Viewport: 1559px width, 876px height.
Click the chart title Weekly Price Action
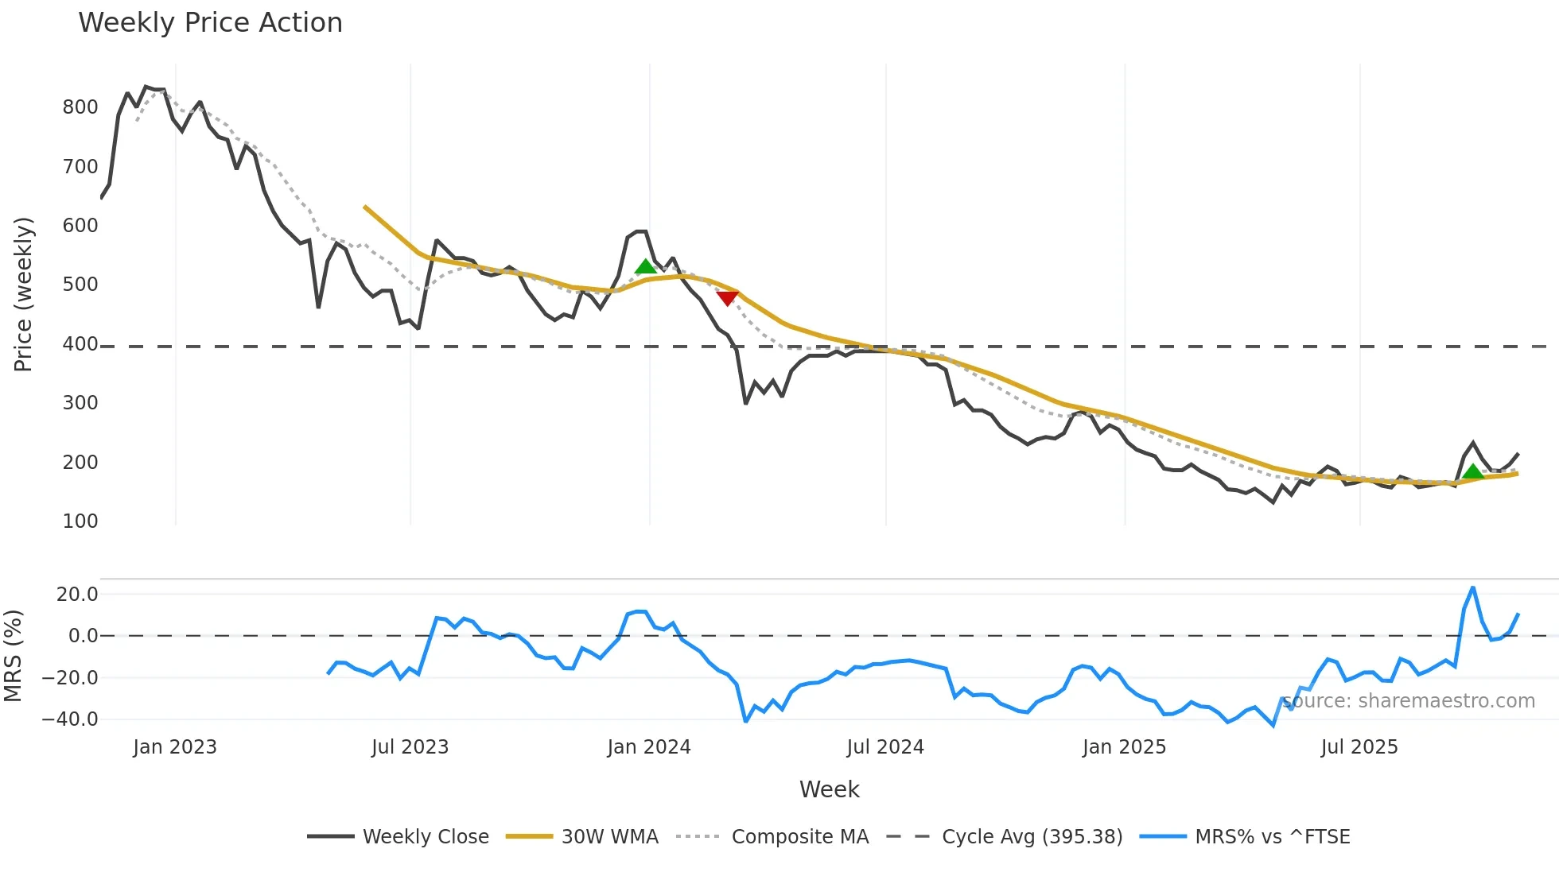[x=210, y=23]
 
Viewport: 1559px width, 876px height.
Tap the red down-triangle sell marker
[x=727, y=297]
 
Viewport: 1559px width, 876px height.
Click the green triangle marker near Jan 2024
[x=646, y=266]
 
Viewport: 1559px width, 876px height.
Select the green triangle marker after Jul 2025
[x=1473, y=471]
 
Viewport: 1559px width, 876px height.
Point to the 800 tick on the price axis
[x=80, y=107]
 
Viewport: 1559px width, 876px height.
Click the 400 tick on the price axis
[x=80, y=344]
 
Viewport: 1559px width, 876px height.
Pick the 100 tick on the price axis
[x=80, y=521]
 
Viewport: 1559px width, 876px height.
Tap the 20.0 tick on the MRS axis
[x=77, y=595]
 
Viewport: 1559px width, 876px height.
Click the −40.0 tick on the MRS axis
[x=70, y=719]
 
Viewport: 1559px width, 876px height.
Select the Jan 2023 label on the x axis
[x=175, y=747]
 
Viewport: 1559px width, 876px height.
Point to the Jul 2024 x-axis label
[x=885, y=747]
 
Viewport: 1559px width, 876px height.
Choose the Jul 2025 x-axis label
[x=1359, y=747]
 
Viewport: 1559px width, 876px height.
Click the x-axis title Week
[x=829, y=789]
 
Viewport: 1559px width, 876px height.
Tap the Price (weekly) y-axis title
[x=24, y=294]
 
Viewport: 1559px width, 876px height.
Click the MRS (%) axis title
[x=14, y=656]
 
